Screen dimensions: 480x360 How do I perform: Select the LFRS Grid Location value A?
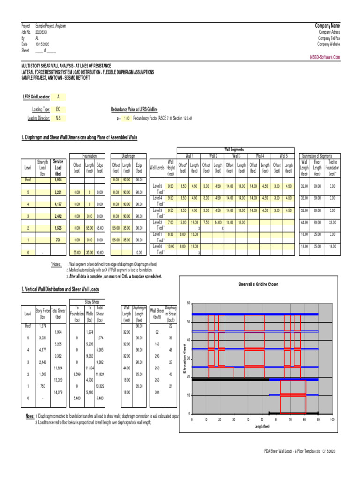tap(58, 97)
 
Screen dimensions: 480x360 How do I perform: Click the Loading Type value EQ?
tap(58, 109)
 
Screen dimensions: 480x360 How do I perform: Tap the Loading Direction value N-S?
tap(58, 118)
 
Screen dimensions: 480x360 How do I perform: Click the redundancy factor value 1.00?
tap(126, 118)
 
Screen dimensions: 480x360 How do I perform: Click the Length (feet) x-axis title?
tap(262, 427)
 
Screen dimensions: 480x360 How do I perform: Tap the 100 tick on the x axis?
tap(332, 420)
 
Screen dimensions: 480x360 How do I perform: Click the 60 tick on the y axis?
tap(188, 303)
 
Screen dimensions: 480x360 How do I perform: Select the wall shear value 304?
tap(157, 392)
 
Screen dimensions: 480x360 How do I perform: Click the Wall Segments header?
tap(234, 149)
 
